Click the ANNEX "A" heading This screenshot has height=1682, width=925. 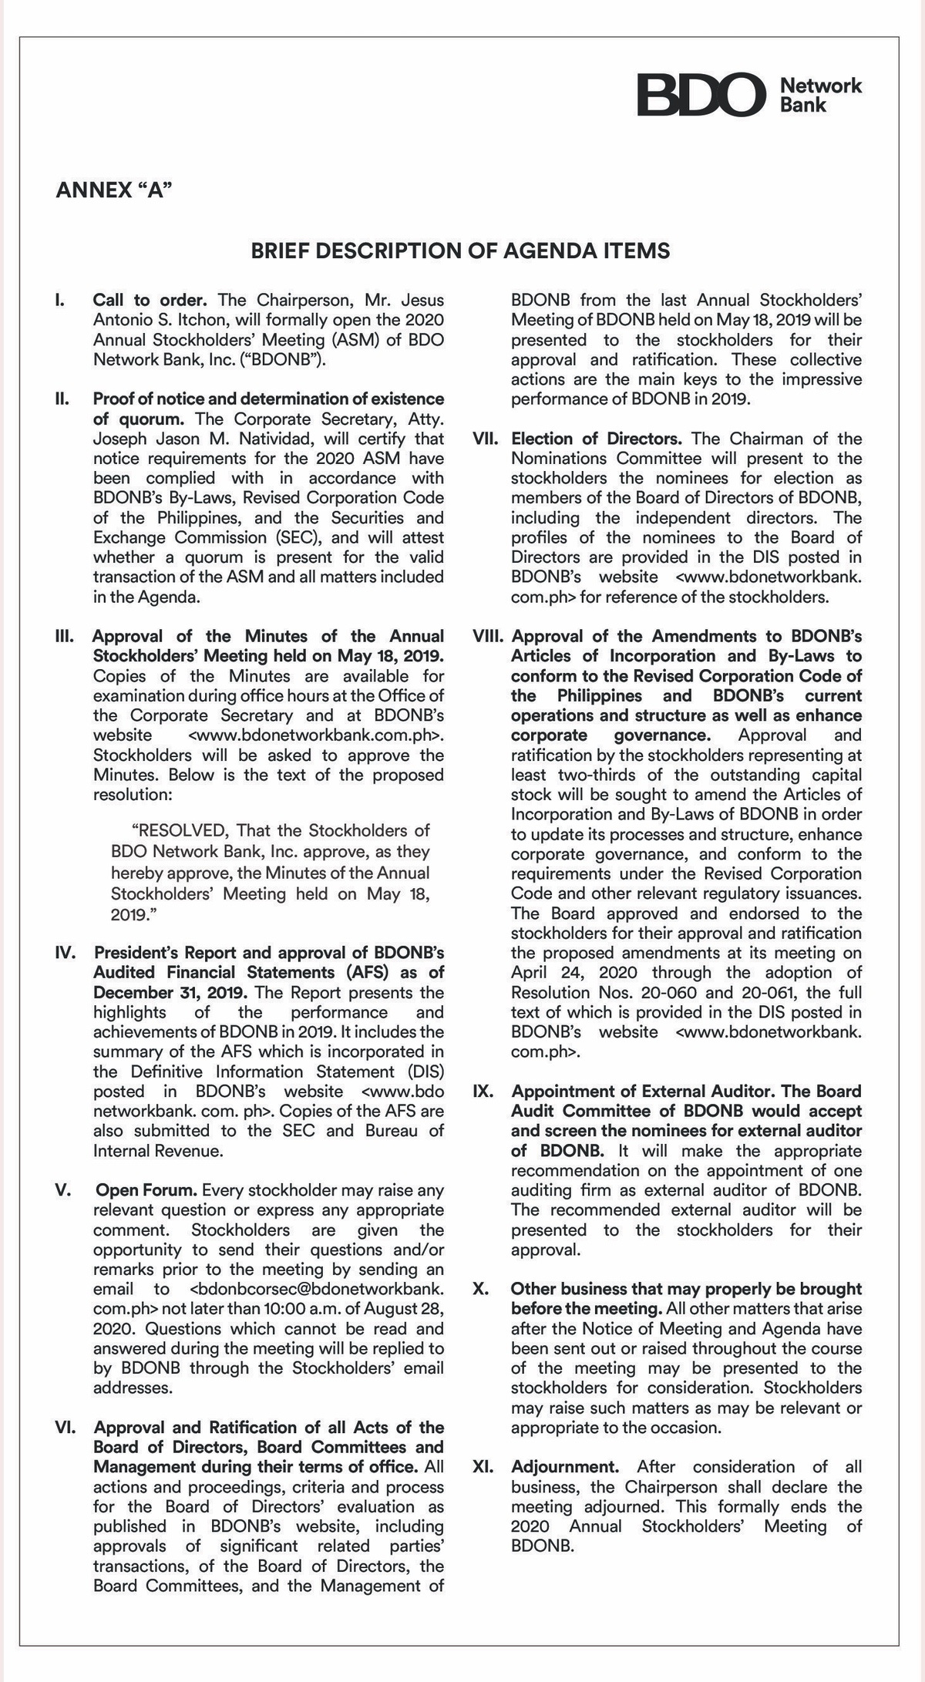(x=114, y=190)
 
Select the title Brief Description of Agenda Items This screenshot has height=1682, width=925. (x=460, y=251)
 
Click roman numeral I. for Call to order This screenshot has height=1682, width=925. (x=59, y=300)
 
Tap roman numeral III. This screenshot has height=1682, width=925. (x=63, y=637)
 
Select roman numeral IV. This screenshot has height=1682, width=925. (x=65, y=953)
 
